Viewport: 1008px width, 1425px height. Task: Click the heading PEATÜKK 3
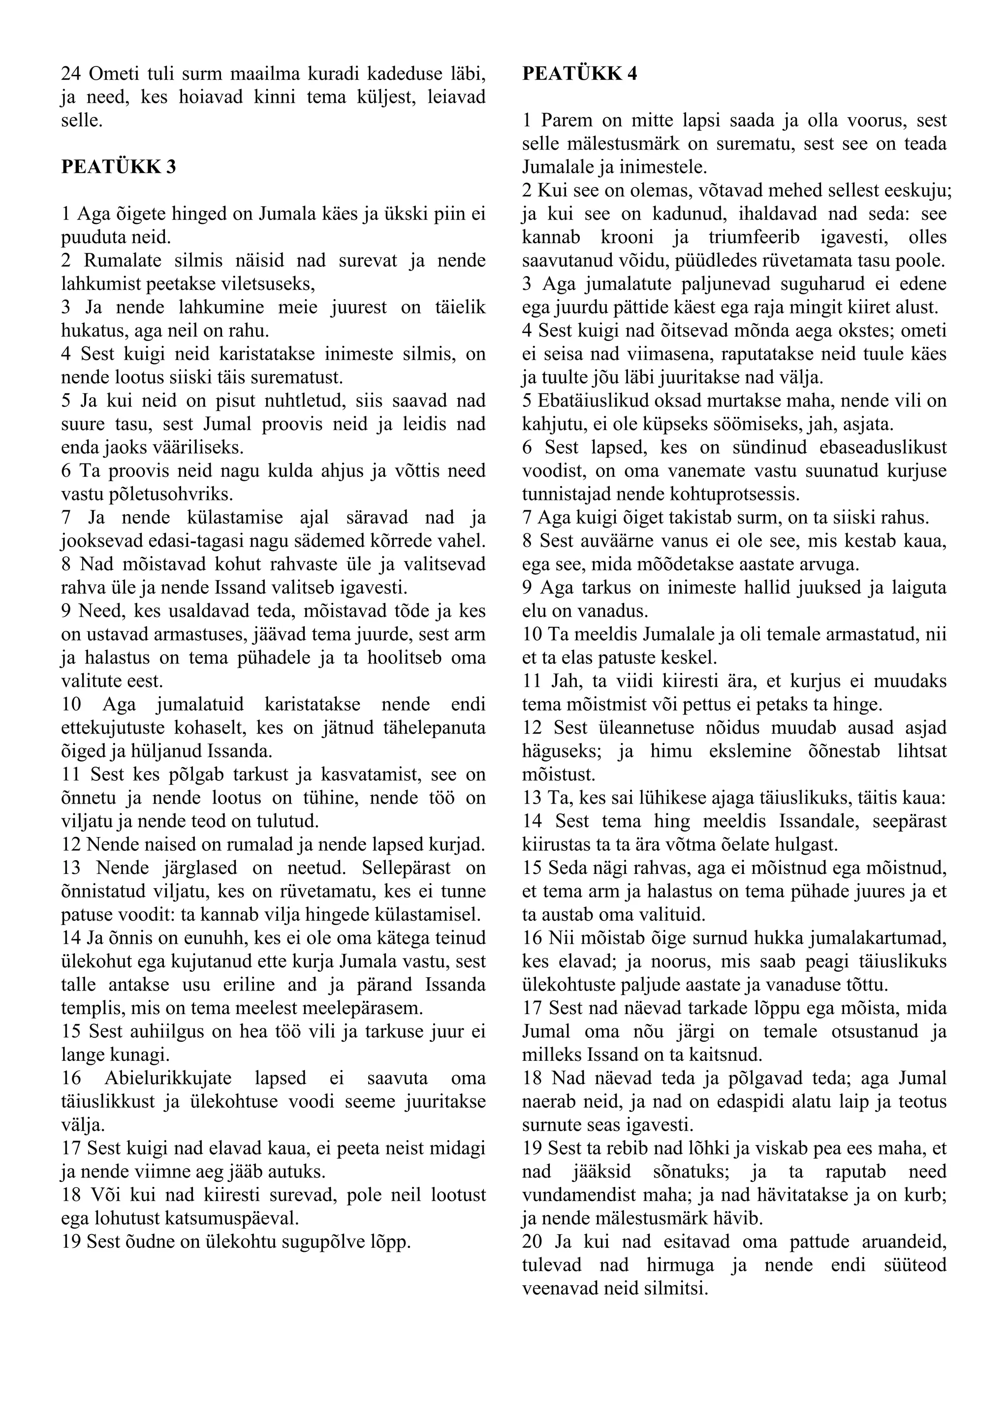point(119,167)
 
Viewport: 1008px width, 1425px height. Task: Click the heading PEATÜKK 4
point(579,74)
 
